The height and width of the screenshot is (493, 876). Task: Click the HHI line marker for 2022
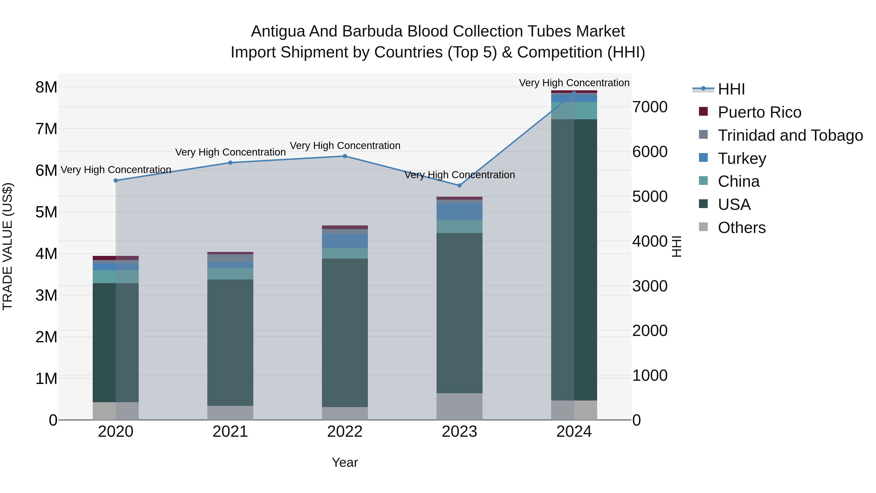[x=345, y=156]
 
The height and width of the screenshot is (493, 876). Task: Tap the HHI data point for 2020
[x=116, y=180]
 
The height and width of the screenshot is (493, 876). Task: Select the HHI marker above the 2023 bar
[x=459, y=186]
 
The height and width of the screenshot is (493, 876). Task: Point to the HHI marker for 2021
[x=230, y=163]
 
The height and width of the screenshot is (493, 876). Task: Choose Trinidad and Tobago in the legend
[x=790, y=135]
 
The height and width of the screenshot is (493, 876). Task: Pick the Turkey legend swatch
[x=703, y=158]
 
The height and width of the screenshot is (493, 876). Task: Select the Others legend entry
[x=741, y=228]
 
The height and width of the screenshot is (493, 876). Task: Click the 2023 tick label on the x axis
[x=459, y=432]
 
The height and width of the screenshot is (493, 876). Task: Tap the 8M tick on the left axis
[x=46, y=87]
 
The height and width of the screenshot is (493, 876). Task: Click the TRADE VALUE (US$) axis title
[x=8, y=246]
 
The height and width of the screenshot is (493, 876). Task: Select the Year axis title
[x=345, y=462]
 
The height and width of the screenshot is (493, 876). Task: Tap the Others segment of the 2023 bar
[x=459, y=406]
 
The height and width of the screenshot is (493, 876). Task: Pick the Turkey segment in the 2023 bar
[x=459, y=212]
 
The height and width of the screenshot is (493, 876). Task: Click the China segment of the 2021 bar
[x=230, y=274]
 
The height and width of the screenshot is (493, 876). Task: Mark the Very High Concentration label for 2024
[x=574, y=83]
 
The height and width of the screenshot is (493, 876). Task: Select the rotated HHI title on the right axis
[x=677, y=246]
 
